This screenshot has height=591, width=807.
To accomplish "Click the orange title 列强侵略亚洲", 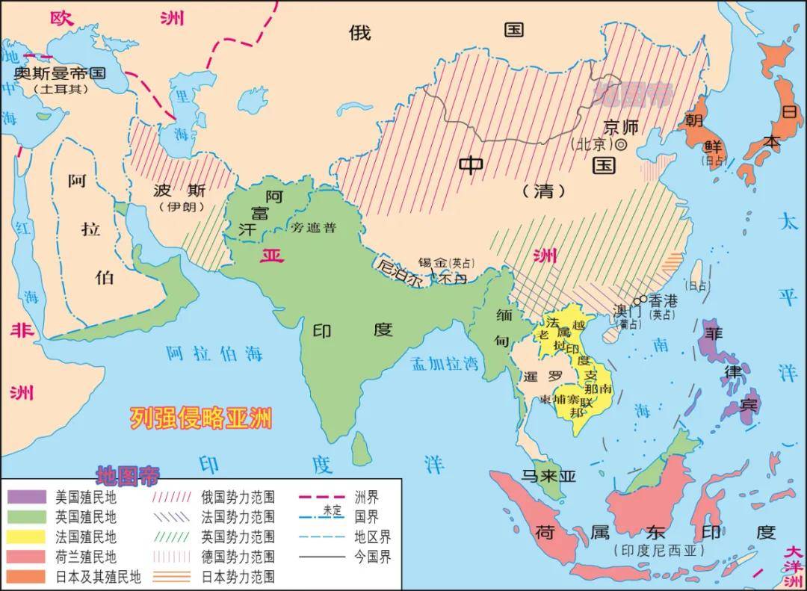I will tap(201, 418).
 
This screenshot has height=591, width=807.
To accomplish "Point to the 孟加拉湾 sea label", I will tap(444, 364).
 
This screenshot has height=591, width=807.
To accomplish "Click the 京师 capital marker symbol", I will tap(620, 145).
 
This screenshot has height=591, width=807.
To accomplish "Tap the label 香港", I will tap(662, 300).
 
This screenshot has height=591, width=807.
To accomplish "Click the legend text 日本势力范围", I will tap(238, 577).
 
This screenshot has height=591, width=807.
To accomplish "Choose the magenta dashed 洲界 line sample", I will tap(324, 496).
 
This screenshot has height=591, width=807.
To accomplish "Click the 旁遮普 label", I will tap(313, 227).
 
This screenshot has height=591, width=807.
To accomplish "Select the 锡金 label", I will tap(432, 262).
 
